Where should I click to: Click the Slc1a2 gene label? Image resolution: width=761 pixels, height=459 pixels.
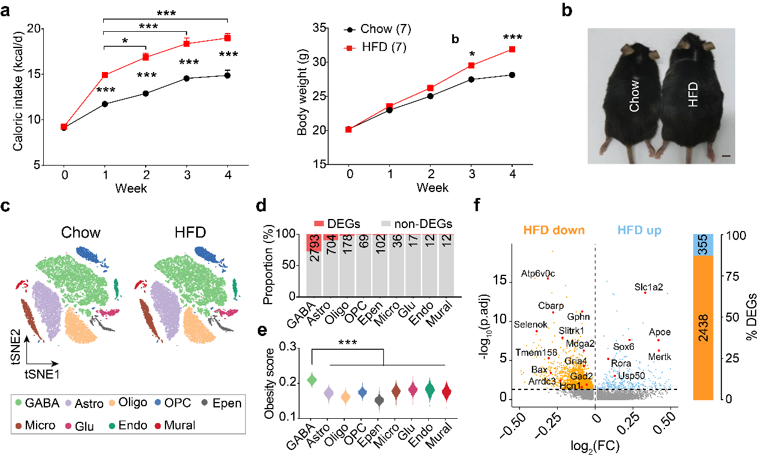pyautogui.click(x=648, y=287)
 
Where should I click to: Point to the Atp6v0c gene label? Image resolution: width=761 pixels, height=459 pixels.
pyautogui.click(x=538, y=274)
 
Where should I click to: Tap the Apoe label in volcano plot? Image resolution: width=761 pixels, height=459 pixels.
pyautogui.click(x=660, y=332)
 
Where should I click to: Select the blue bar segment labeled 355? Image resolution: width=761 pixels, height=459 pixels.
pyautogui.click(x=704, y=245)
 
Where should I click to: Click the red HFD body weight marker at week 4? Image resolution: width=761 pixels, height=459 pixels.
pyautogui.click(x=512, y=49)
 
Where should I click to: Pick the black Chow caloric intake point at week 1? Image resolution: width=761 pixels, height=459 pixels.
pyautogui.click(x=105, y=104)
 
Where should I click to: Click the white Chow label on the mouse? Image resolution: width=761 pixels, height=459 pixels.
pyautogui.click(x=634, y=97)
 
